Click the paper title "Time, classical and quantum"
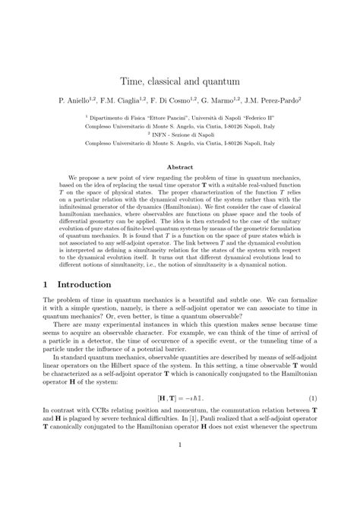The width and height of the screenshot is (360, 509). pos(180,79)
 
